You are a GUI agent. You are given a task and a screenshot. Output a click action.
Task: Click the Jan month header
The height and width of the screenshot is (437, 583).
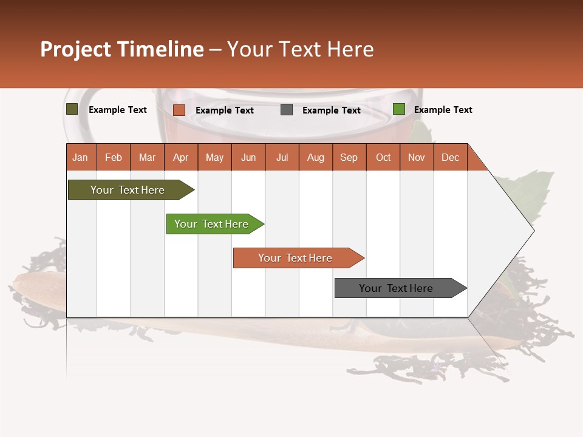(x=81, y=157)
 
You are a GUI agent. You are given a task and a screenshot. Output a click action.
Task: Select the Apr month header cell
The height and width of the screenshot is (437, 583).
(x=181, y=157)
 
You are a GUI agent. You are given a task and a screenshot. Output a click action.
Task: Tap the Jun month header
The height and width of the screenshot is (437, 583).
(x=248, y=157)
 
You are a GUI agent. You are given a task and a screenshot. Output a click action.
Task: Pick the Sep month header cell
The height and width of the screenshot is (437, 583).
(x=349, y=157)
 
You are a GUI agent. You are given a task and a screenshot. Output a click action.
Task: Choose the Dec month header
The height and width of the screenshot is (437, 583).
(x=450, y=157)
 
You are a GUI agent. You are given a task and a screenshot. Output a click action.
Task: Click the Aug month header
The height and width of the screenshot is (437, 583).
(x=316, y=157)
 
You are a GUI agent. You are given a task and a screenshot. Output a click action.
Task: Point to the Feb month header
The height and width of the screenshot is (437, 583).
(x=114, y=157)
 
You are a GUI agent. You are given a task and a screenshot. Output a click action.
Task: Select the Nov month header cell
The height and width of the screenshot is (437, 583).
(x=417, y=157)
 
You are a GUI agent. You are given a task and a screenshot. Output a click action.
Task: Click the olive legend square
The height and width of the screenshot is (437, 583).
(x=72, y=109)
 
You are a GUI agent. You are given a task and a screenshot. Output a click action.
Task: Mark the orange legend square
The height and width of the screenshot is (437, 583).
(x=179, y=110)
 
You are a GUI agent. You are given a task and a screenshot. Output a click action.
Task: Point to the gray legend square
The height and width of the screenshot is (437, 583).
(x=287, y=110)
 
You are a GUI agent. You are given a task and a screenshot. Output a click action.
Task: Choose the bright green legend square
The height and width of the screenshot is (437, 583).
(x=399, y=109)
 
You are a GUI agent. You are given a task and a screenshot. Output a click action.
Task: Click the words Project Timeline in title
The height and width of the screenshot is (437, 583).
(x=122, y=49)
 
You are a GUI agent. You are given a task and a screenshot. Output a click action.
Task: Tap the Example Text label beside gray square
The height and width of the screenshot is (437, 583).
(x=332, y=110)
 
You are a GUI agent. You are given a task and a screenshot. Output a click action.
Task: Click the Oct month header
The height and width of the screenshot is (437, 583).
(x=383, y=157)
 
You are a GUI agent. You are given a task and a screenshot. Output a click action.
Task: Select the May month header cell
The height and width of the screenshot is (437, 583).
(x=214, y=157)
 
